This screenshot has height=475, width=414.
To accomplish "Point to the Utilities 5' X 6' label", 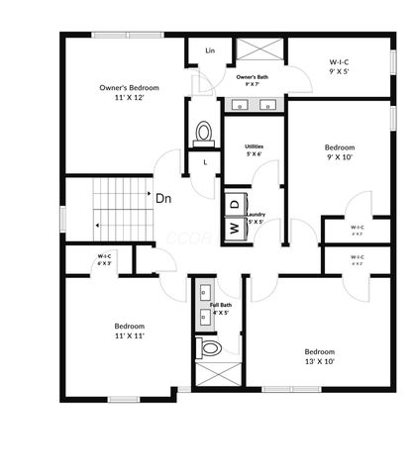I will tap(254, 148).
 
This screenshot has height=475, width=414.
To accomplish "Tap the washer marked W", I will tap(235, 228).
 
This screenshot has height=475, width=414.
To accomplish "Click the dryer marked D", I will tap(235, 203).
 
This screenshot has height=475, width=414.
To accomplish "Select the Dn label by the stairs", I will tap(163, 198).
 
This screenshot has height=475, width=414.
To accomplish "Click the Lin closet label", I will tap(210, 49).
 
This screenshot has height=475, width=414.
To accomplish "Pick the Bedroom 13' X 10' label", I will tap(319, 357).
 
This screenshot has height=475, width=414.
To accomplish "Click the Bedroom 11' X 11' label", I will tap(129, 332).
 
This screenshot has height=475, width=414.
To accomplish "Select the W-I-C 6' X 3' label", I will tap(103, 261).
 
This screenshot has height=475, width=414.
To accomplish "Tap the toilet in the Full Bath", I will tap(210, 348).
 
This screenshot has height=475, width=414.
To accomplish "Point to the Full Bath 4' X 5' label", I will tap(220, 308).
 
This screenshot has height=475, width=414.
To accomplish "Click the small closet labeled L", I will tap(205, 160).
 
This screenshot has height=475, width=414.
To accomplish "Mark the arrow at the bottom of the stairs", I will tap(98, 226).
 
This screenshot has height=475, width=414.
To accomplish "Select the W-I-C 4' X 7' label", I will tap(358, 231).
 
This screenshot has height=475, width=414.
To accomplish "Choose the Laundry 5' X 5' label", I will tap(256, 218).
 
